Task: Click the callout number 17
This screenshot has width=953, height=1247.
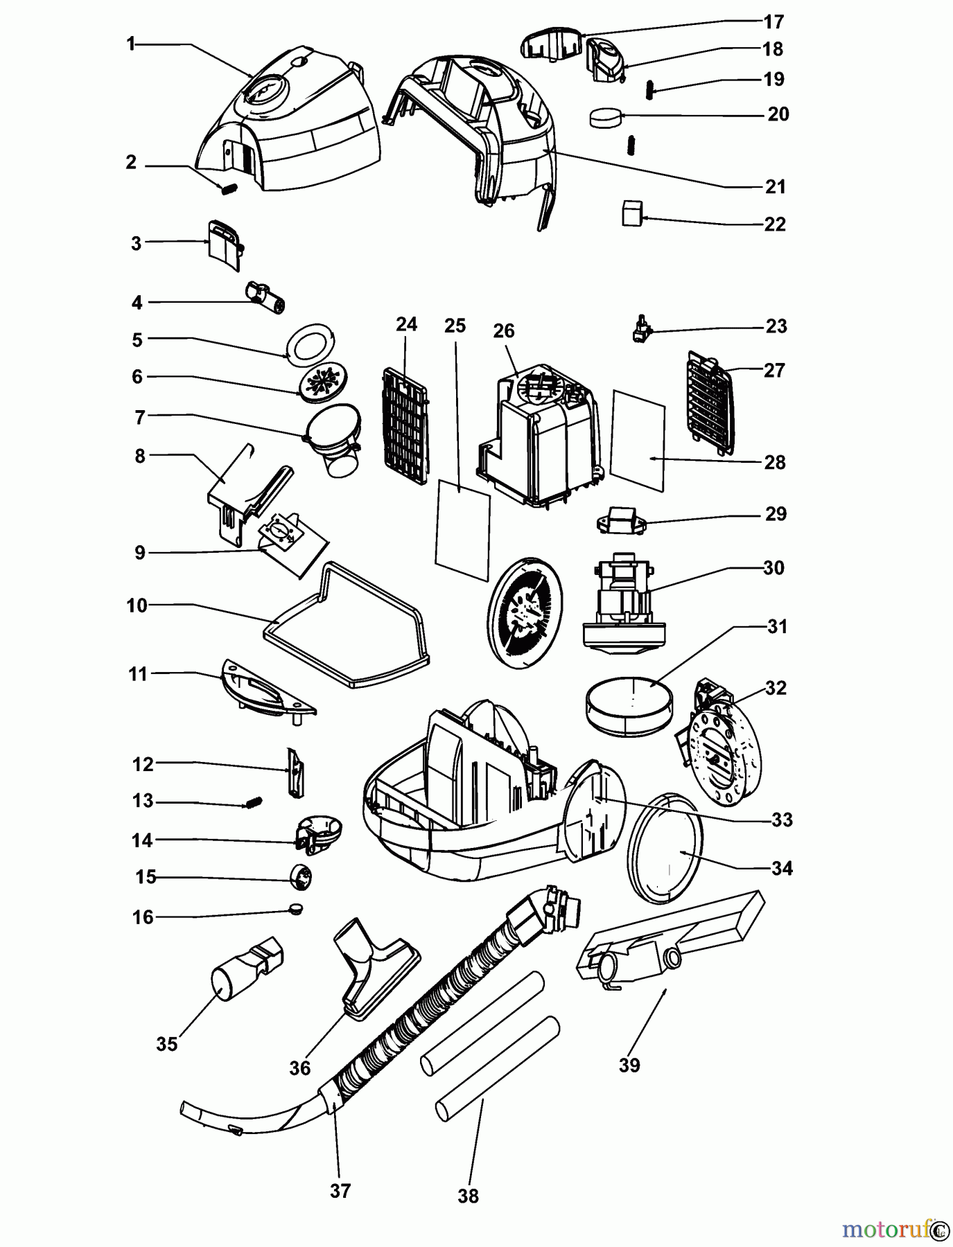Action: pos(773,22)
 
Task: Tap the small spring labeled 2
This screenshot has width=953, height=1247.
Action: pos(228,188)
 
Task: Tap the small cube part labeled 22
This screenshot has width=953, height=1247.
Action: pos(631,213)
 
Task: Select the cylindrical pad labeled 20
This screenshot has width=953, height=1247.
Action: pos(606,118)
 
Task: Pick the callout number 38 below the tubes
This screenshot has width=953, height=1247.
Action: pos(469,1196)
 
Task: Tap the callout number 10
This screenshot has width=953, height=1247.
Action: pos(137,605)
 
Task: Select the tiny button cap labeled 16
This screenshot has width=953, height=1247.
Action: pos(296,908)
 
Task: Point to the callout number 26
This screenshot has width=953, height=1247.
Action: pos(504,331)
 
